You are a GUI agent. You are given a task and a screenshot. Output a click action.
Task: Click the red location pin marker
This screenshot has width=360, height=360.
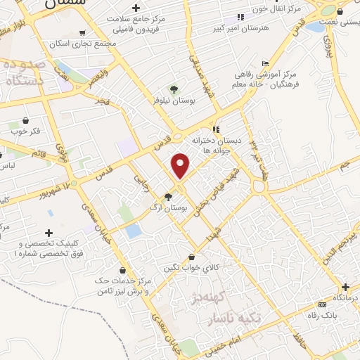[x=181, y=166]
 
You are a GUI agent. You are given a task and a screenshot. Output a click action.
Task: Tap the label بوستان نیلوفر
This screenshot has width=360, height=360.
[x=173, y=101]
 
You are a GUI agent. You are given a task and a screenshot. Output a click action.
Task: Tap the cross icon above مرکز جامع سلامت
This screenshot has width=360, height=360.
[x=136, y=8]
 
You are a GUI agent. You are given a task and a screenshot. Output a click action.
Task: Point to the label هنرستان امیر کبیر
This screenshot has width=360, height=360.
[x=240, y=30]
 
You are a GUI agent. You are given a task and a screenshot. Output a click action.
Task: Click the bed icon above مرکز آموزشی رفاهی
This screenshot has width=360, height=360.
[x=265, y=62]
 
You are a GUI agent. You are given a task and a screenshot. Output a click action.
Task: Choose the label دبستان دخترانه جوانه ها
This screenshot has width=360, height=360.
[x=214, y=146]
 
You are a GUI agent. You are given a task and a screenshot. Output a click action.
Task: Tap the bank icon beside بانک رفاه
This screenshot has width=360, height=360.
[x=323, y=304]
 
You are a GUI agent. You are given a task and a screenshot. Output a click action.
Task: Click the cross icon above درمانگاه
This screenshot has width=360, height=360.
[x=345, y=288]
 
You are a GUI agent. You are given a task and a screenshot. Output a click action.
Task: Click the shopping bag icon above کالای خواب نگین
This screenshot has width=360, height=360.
[x=192, y=257]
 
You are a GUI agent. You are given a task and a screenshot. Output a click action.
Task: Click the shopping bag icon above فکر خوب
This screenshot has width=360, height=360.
[x=25, y=120]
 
